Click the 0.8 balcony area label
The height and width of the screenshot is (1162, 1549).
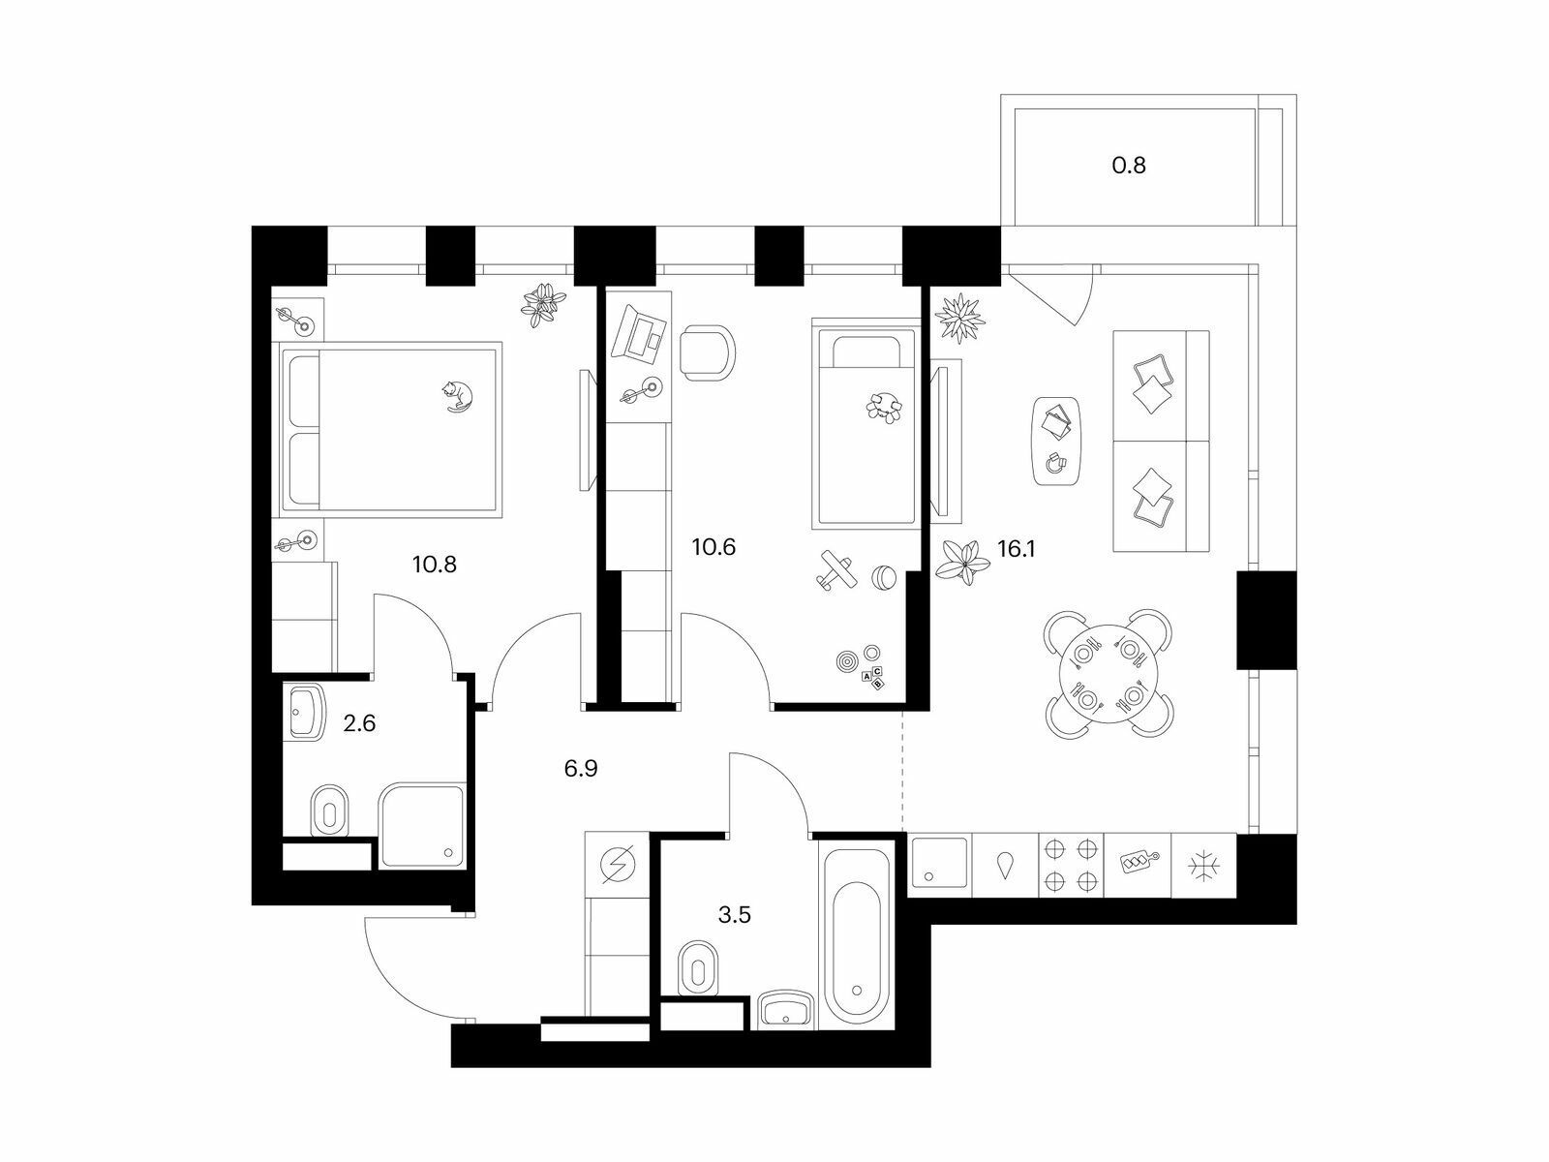pos(1129,165)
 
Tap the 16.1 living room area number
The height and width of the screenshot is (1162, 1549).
pos(1017,548)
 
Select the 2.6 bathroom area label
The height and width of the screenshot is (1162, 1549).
pos(359,723)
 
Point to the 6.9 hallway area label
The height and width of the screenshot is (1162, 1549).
pos(581,768)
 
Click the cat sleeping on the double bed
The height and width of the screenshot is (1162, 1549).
pos(457,396)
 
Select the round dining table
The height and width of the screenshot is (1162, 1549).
pos(1108,674)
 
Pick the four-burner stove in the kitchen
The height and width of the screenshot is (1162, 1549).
pos(1071,865)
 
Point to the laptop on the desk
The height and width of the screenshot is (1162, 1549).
pos(639,333)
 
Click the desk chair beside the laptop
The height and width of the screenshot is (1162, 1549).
pos(707,352)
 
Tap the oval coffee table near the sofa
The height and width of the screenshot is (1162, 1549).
pos(1055,441)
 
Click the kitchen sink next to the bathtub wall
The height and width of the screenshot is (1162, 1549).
pos(939,862)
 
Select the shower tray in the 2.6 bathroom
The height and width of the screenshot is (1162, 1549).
pos(422,825)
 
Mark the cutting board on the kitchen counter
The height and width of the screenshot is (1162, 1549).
pos(1137,862)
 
